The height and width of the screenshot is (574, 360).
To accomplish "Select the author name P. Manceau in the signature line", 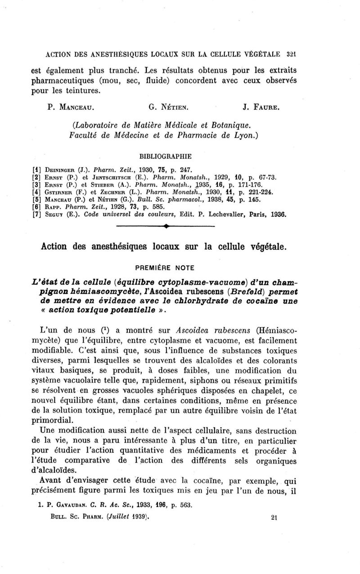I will pos(72,108).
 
